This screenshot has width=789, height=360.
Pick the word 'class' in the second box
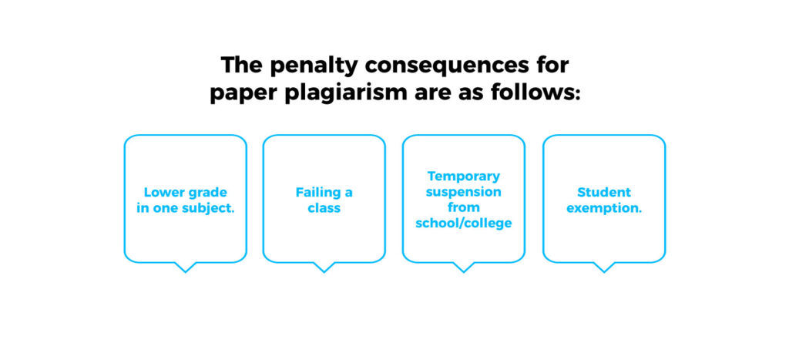pyautogui.click(x=324, y=208)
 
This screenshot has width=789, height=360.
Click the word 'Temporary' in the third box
pyautogui.click(x=464, y=177)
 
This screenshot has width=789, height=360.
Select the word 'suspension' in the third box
pyautogui.click(x=464, y=192)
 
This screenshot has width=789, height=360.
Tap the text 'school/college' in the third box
pyautogui.click(x=464, y=224)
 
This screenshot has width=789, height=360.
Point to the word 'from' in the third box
pyautogui.click(x=464, y=207)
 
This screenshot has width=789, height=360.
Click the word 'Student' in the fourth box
pyautogui.click(x=604, y=193)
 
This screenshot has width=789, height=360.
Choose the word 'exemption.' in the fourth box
pyautogui.click(x=604, y=208)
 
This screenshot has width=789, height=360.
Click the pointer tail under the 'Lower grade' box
pyautogui.click(x=185, y=267)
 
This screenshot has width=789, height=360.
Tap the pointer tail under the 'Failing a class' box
pyautogui.click(x=324, y=267)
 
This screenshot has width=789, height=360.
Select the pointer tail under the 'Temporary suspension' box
pyautogui.click(x=463, y=267)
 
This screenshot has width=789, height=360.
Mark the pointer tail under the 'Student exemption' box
pyautogui.click(x=604, y=267)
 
